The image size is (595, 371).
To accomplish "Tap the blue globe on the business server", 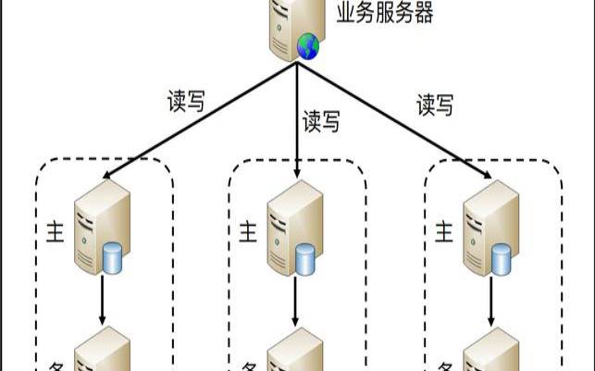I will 306,47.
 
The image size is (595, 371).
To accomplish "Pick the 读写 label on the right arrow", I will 435,105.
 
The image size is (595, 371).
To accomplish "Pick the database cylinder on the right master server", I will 502,259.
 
